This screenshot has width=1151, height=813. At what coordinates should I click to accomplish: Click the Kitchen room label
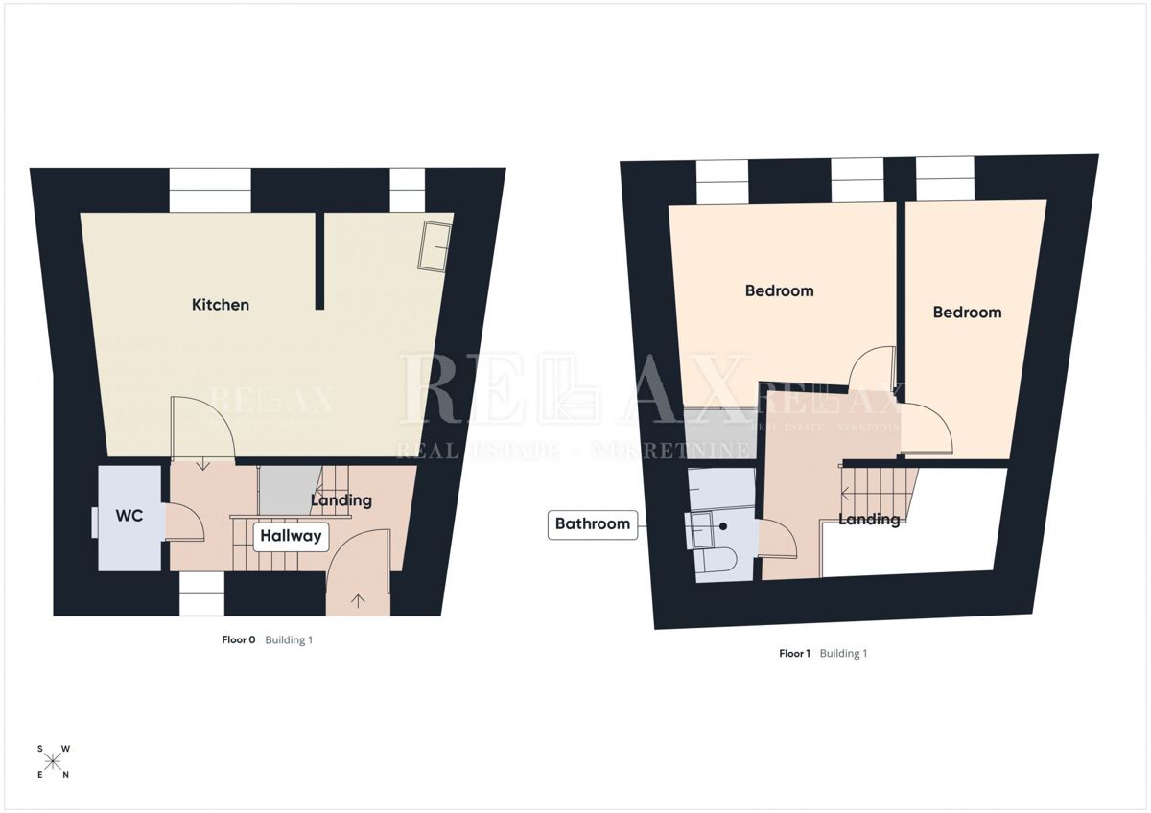click(x=221, y=305)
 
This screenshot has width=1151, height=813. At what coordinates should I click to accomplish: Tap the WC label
click(x=129, y=516)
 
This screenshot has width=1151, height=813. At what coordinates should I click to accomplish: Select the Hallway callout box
click(x=291, y=536)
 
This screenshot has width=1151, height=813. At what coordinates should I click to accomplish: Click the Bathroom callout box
click(x=593, y=524)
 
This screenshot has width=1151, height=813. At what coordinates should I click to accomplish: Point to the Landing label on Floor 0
click(x=341, y=500)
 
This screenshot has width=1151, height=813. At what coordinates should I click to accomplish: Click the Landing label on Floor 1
click(x=869, y=520)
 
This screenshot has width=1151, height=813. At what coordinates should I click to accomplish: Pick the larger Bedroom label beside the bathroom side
click(x=779, y=290)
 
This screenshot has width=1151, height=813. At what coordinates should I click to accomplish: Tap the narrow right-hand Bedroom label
click(x=967, y=313)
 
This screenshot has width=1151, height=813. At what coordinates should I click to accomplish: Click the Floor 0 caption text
click(x=239, y=639)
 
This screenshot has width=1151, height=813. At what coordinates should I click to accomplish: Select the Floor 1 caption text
click(x=794, y=653)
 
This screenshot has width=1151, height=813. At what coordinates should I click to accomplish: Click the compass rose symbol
click(x=53, y=761)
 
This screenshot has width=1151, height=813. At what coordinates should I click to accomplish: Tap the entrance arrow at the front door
click(x=358, y=601)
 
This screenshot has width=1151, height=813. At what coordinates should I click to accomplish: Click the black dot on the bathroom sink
click(x=723, y=526)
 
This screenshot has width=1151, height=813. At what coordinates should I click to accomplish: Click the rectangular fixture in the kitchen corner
click(x=435, y=246)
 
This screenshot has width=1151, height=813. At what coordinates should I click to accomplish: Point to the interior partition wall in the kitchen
click(x=319, y=262)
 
